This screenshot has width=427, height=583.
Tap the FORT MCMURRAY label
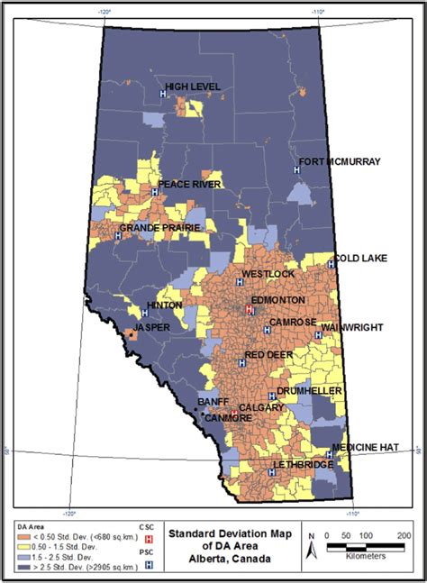coord(341,162)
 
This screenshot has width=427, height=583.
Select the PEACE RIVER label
coord(189,185)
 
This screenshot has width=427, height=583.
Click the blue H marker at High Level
coord(163,94)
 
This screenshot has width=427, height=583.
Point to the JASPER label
coord(151,327)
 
